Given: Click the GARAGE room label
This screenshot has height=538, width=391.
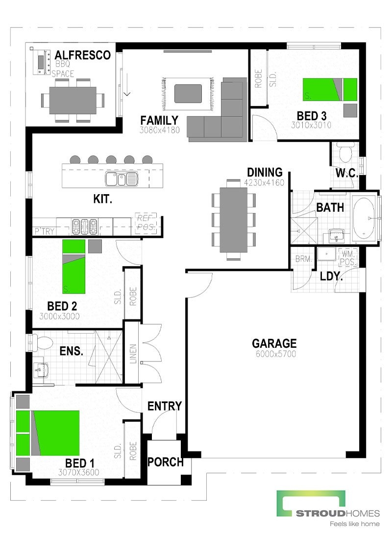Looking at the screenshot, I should click(x=274, y=343).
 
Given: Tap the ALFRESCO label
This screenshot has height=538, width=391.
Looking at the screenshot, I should click(x=83, y=55).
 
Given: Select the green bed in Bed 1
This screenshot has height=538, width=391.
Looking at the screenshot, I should click(x=55, y=432).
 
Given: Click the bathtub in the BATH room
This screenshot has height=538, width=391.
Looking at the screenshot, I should click(x=364, y=217).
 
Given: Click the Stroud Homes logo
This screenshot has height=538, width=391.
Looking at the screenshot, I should click(x=328, y=509).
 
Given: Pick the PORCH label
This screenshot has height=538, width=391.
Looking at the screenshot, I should click(x=165, y=462).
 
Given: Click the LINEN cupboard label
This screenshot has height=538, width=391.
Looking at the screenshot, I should click(x=133, y=353).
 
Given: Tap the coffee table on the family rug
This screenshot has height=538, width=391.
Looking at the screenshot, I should click(x=188, y=93).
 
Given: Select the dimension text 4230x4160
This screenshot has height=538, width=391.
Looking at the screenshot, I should click(x=265, y=182).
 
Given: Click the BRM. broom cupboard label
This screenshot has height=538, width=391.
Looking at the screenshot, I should click(x=304, y=260).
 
